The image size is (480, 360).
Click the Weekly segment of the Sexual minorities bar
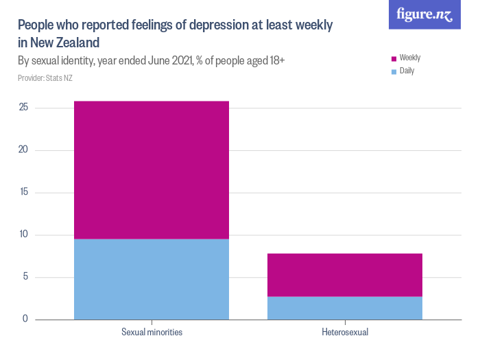[x=152, y=170]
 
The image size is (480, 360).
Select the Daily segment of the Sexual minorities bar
[x=152, y=279]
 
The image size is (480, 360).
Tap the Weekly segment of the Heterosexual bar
[x=344, y=275]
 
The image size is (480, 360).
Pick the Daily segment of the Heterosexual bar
[x=344, y=308]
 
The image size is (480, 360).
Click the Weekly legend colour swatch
[x=394, y=59]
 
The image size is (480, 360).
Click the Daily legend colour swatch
[x=394, y=71]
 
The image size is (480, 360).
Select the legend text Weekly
[x=410, y=58]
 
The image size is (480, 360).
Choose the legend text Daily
[x=407, y=71]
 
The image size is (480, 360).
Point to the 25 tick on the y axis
[x=23, y=108]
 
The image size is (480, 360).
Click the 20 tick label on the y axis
[x=23, y=150]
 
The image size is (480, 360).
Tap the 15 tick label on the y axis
[x=23, y=192]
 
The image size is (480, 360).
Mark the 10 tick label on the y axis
[x=23, y=235]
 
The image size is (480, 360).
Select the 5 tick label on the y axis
[x=25, y=277]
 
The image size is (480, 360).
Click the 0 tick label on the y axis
[x=25, y=319]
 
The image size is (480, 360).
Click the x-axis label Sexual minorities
[x=152, y=333]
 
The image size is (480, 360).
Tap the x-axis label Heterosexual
[x=344, y=333]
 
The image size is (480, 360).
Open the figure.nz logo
[x=424, y=14]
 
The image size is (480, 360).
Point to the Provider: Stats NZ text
[x=45, y=78]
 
